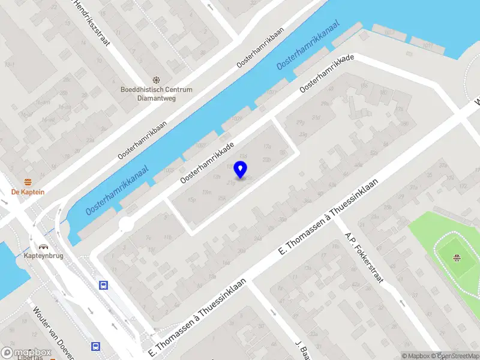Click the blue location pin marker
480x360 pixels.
point(241,170)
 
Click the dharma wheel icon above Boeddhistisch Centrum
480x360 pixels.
point(156,79)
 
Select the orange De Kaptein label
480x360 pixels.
point(28,192)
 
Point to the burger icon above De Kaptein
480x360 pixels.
point(28,181)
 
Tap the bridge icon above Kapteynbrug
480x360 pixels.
point(43,246)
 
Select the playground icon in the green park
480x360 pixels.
point(457,258)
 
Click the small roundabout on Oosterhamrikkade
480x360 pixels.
point(126,224)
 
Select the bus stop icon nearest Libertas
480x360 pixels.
point(95,346)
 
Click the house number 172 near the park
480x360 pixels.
point(462,187)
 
